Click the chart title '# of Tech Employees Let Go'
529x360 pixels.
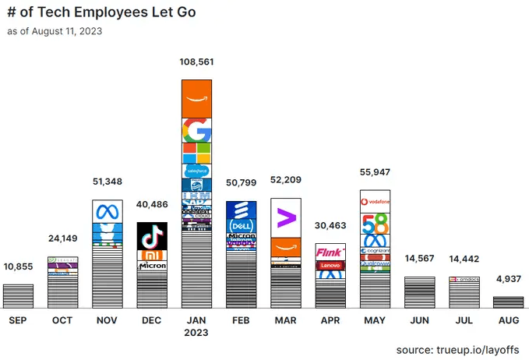[101, 13]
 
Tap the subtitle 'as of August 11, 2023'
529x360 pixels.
[55, 32]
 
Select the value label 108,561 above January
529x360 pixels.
[196, 62]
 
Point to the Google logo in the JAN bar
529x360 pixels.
[196, 129]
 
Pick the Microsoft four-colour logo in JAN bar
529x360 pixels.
[196, 152]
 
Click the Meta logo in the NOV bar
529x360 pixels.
[107, 212]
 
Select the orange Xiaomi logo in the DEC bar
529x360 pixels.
[152, 256]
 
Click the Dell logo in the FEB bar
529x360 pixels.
[242, 225]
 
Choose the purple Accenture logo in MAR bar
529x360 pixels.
[286, 217]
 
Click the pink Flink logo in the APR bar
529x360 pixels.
[330, 252]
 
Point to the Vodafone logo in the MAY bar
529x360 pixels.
[376, 202]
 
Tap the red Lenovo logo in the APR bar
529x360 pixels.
[330, 266]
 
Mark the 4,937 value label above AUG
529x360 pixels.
[509, 279]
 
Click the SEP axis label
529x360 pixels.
[17, 319]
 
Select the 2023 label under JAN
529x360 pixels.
[196, 333]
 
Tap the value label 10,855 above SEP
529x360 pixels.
[17, 267]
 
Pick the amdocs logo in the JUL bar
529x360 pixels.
[465, 280]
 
